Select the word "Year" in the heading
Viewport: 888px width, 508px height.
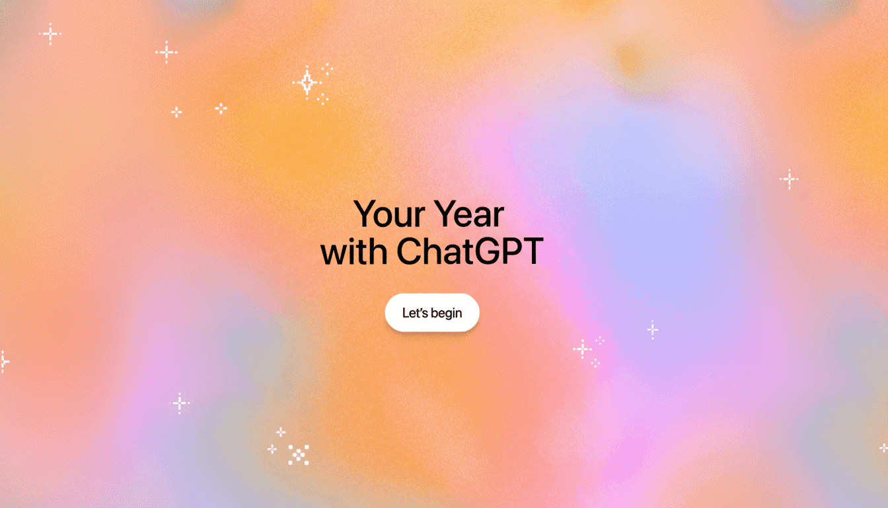tap(469, 214)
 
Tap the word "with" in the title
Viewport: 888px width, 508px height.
tap(354, 252)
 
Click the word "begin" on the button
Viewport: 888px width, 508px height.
tap(447, 314)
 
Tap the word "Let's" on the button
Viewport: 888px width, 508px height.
tap(416, 313)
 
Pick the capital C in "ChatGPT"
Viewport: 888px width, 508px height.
tap(410, 252)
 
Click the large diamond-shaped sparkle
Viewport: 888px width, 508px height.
tap(307, 83)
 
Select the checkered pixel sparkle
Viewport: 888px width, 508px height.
tap(299, 454)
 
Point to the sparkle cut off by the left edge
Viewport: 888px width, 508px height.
tap(3, 361)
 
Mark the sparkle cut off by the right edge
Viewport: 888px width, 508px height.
tap(884, 448)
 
